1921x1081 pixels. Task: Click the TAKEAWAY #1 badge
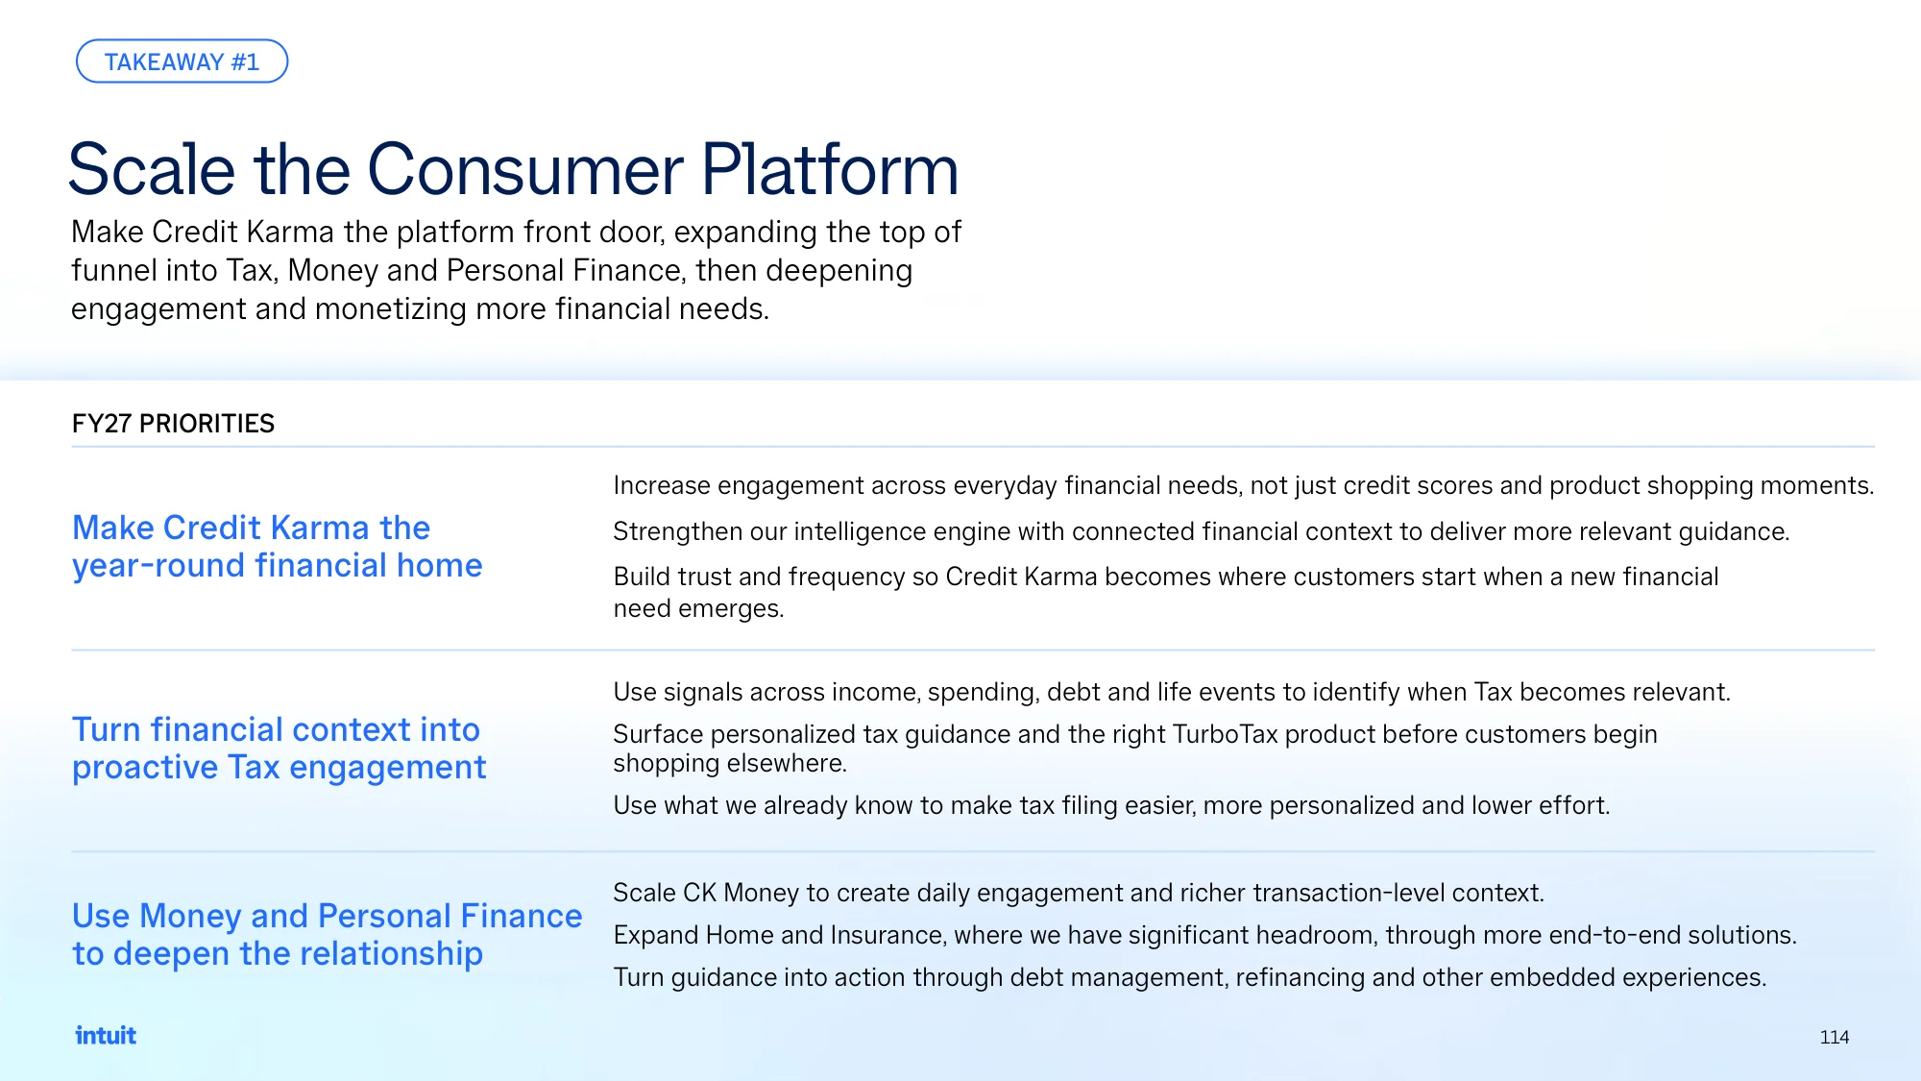[x=182, y=61]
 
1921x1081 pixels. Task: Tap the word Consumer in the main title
[x=525, y=170]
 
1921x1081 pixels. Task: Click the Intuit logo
[x=106, y=1035]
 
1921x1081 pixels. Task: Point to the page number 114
[x=1834, y=1037]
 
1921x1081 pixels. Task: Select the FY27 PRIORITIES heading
[x=173, y=424]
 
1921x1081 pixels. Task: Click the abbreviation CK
[x=699, y=893]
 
